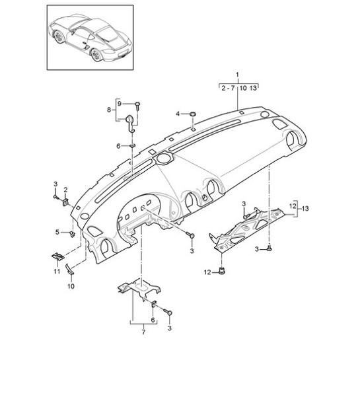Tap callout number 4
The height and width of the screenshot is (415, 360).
point(177,114)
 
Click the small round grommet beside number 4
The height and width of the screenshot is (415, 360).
point(192,114)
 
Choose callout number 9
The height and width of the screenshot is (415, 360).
point(120,104)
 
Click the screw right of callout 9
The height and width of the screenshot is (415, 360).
point(137,104)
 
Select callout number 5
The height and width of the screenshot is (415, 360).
point(57,233)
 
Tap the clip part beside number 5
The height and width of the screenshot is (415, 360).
point(71,233)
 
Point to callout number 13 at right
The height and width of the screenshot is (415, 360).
point(305,208)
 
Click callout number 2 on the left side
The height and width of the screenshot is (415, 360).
point(65,190)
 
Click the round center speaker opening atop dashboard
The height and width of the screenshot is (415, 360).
point(162,159)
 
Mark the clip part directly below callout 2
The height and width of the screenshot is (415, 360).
point(67,202)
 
